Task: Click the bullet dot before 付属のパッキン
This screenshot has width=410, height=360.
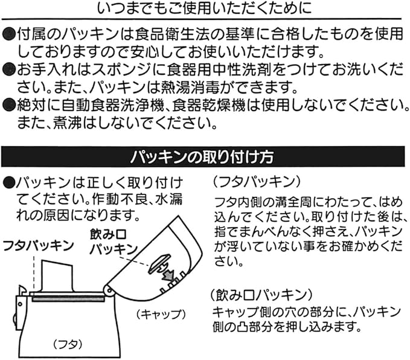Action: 8,32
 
